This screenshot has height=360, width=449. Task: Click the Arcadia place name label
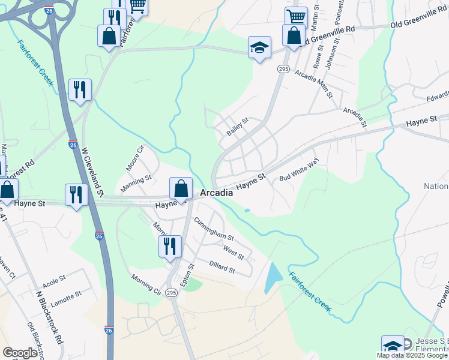215,193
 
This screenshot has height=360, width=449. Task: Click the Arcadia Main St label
313,82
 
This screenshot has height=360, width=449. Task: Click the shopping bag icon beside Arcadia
181,189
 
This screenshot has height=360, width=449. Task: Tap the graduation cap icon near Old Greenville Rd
259,48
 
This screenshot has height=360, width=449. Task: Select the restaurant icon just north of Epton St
170,246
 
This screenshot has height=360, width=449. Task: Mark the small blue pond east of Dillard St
273,277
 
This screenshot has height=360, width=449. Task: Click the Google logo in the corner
20,353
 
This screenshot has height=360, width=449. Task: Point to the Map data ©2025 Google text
412,355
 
